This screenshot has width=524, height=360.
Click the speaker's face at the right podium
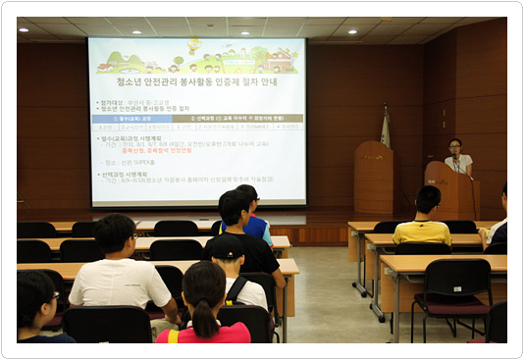tap(454, 147)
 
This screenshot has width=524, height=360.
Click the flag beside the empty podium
tap(386, 128)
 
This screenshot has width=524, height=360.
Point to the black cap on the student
tap(228, 246)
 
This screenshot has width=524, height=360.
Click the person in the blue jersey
tap(257, 228)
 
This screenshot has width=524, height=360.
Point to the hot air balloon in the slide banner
tap(194, 44)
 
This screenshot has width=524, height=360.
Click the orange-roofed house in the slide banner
tap(104, 67)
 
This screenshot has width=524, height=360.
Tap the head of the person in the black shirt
tap(236, 208)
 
